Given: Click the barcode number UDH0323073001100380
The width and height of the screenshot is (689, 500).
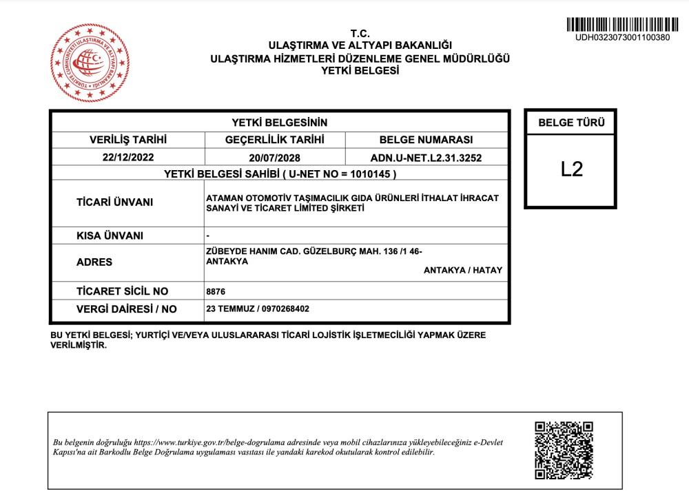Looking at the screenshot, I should click(x=622, y=37).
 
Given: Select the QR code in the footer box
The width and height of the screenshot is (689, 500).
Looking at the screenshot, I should click(x=564, y=450).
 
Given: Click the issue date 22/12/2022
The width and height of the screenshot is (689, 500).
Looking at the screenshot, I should click(x=128, y=157).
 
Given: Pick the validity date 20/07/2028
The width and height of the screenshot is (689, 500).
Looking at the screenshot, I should click(x=275, y=157).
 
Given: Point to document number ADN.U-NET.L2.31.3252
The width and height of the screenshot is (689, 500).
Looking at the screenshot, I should click(x=426, y=157).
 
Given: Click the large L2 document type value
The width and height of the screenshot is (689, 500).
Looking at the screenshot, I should click(x=572, y=169).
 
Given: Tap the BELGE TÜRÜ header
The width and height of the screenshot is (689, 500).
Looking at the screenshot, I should click(x=571, y=123).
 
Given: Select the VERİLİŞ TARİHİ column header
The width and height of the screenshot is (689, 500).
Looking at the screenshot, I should click(x=128, y=140).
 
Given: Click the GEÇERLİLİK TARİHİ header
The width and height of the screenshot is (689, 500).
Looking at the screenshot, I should click(x=275, y=140).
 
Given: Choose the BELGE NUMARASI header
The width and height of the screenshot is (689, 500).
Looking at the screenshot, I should click(x=426, y=140).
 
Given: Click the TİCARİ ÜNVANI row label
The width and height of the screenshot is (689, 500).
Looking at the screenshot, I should click(x=114, y=202).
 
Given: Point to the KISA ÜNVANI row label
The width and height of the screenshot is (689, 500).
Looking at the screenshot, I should click(x=110, y=236).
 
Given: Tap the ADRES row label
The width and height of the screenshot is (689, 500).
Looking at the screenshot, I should click(x=94, y=262).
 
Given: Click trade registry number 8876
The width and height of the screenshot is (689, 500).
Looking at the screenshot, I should click(x=216, y=291).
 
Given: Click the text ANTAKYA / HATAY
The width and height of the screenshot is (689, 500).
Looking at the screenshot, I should click(x=463, y=270).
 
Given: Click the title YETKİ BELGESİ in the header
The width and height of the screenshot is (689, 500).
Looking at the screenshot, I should click(x=360, y=70).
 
